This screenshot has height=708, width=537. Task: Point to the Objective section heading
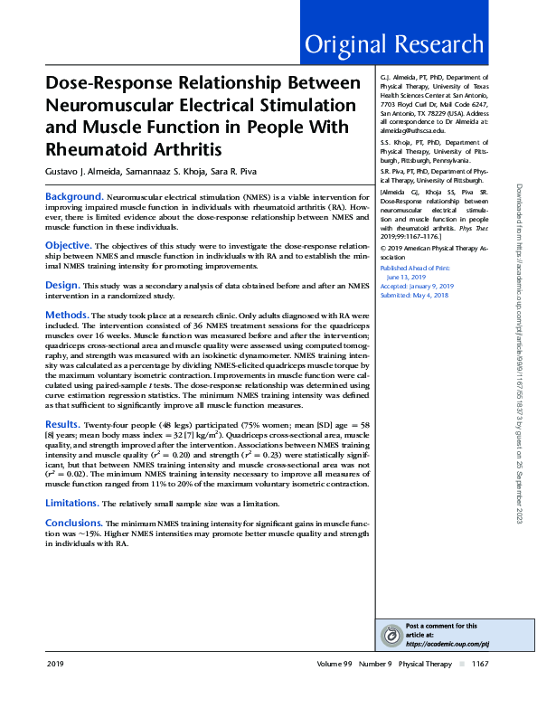click(x=68, y=245)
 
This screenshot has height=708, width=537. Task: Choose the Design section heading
click(x=62, y=284)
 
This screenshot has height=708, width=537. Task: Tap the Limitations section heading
click(x=71, y=502)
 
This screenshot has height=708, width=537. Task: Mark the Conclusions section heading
click(x=74, y=523)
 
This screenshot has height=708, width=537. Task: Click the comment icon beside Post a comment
click(x=391, y=636)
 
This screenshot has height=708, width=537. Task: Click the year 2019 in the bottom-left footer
click(x=55, y=689)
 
